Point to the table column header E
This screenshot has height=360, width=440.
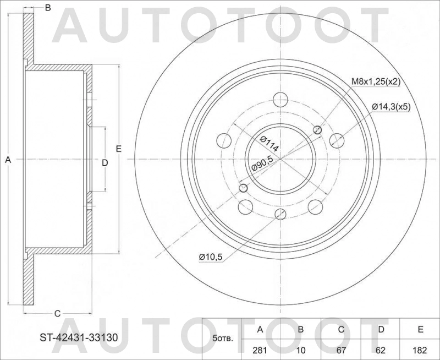(420, 329)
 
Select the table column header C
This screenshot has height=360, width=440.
(340, 329)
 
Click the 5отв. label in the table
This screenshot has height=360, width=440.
(223, 338)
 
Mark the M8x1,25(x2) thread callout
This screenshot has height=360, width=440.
(376, 82)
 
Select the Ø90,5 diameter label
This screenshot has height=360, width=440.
(262, 164)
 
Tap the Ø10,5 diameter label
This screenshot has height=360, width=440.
(210, 256)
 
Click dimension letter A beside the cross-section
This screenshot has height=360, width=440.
(8, 160)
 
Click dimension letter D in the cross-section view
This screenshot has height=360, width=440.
(105, 162)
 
